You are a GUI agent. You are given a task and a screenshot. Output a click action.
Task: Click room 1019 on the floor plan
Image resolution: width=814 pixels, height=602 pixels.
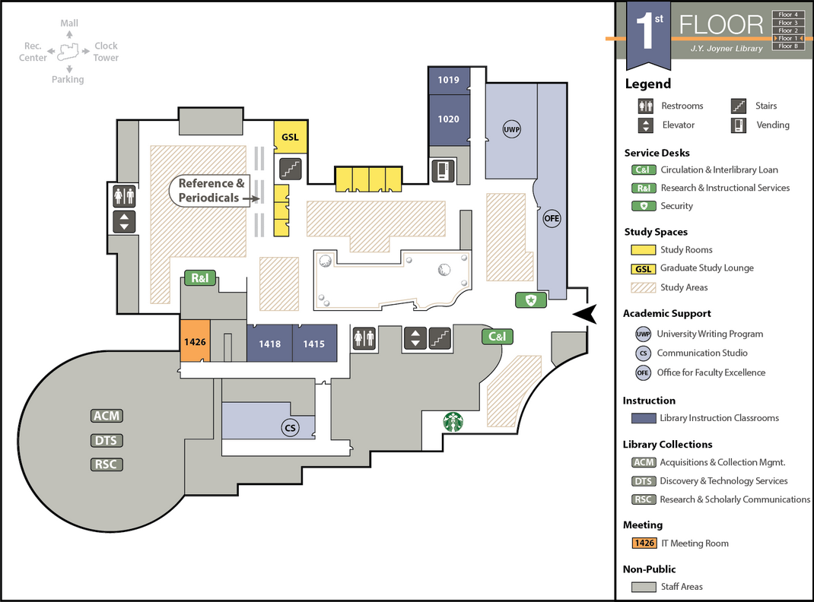[449, 80]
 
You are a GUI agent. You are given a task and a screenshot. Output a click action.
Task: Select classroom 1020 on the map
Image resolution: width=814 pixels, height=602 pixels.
[449, 119]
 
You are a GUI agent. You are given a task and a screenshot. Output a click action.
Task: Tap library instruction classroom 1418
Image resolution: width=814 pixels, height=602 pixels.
[269, 344]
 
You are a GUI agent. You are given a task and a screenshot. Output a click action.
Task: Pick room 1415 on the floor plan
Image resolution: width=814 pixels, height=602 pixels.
[314, 344]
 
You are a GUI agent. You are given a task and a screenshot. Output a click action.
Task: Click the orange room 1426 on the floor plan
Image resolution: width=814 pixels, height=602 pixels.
[195, 343]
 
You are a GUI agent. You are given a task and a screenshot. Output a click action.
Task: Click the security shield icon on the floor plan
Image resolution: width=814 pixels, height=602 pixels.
[531, 300]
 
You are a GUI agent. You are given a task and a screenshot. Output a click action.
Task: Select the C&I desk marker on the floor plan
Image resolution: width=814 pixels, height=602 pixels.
[498, 336]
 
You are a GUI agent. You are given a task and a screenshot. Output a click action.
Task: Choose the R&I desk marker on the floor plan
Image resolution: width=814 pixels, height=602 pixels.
[199, 278]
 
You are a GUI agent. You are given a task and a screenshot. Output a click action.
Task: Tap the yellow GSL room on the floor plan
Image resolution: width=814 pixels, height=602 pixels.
[290, 138]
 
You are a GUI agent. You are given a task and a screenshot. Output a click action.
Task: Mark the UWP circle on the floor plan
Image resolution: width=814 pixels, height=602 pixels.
[511, 129]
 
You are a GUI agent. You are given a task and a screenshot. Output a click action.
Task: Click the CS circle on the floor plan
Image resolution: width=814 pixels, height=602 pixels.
[289, 428]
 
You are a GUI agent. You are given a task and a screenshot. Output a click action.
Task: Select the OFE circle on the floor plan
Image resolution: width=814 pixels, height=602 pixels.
[552, 219]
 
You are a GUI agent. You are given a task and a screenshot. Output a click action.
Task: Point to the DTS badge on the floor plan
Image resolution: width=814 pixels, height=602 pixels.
[107, 440]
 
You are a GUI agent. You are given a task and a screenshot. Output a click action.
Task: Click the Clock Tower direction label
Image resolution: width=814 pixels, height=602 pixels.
[106, 52]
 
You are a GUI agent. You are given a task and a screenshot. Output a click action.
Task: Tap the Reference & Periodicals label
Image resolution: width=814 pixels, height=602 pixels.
[211, 191]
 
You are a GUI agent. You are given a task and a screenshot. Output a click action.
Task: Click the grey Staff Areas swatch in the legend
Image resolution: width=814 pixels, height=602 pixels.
[644, 587]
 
